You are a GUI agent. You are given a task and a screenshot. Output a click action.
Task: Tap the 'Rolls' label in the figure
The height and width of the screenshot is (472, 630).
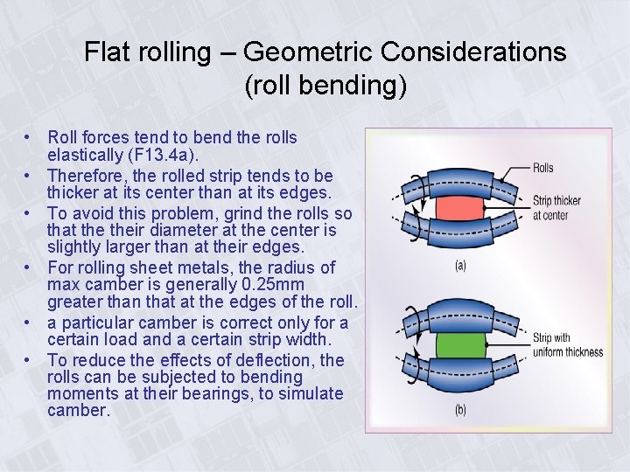click(x=542, y=168)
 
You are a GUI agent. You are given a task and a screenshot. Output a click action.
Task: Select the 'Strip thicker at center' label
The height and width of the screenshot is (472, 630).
click(x=556, y=208)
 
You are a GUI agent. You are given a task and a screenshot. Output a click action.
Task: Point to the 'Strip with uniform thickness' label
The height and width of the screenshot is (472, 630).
click(x=567, y=345)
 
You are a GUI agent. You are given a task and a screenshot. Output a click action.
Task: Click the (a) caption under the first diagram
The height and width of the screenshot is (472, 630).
click(x=460, y=266)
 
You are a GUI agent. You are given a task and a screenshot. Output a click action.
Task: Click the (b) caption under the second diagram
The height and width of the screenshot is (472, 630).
click(x=460, y=410)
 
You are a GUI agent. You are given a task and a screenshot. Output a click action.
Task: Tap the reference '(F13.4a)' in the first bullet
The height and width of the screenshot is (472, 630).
click(x=180, y=155)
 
